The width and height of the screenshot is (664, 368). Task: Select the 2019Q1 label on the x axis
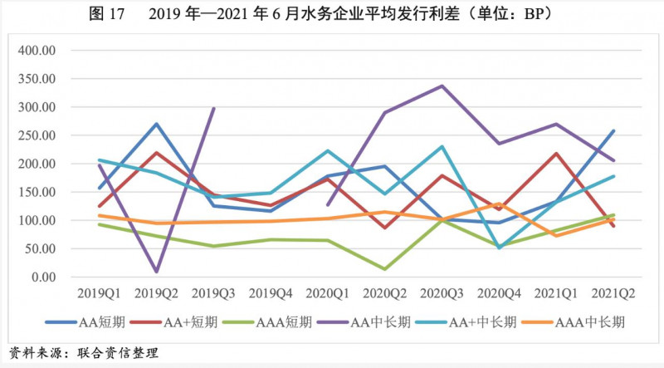click(x=99, y=293)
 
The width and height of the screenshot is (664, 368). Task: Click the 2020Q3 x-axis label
click(x=441, y=293)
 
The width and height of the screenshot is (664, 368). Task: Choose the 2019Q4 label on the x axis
click(x=269, y=293)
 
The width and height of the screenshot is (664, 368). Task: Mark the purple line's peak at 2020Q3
click(x=441, y=86)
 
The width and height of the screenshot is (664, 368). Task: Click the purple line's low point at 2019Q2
click(x=156, y=272)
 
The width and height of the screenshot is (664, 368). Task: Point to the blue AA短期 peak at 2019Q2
click(x=156, y=124)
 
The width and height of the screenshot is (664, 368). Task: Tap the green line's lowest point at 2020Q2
click(x=383, y=269)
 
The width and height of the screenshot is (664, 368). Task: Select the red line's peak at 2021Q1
click(x=554, y=153)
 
